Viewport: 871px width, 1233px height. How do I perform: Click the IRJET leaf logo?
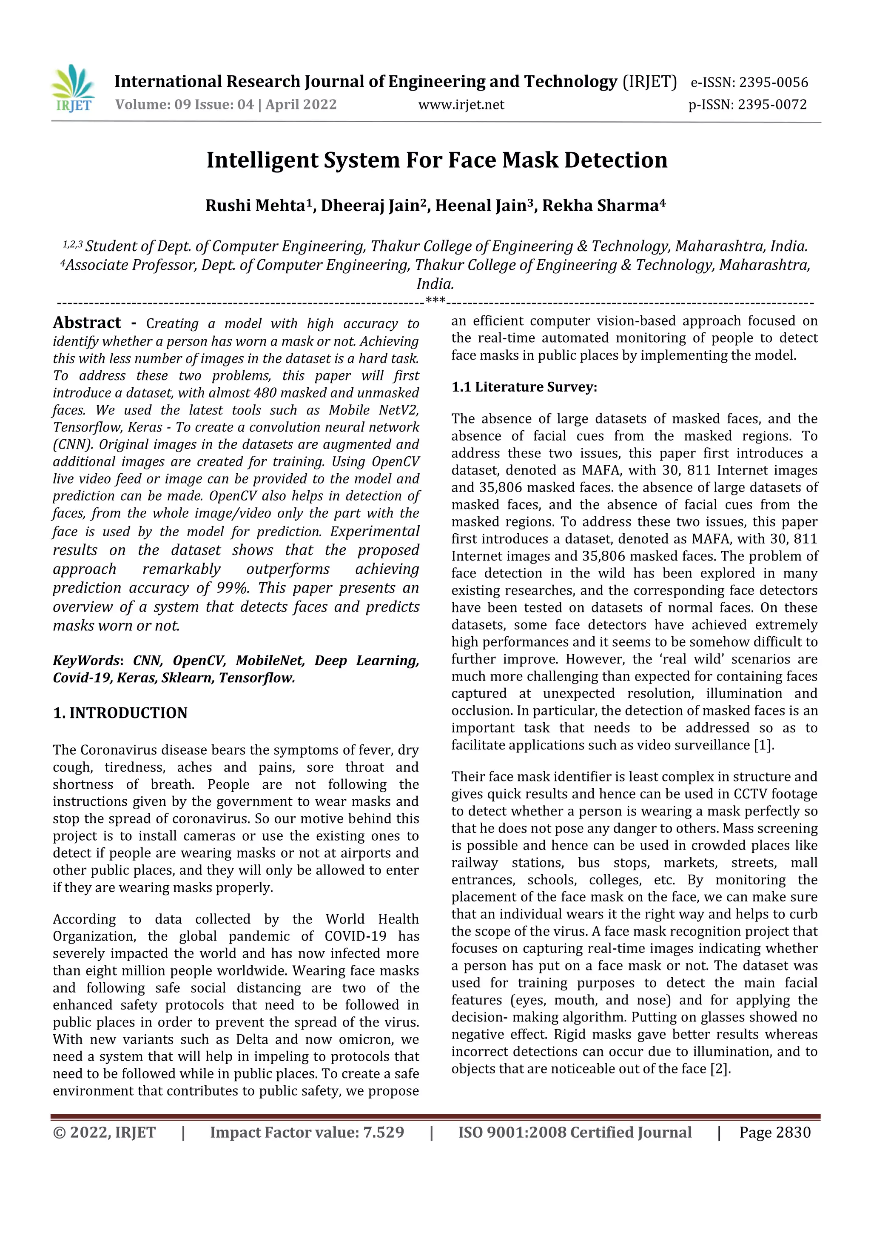click(x=73, y=88)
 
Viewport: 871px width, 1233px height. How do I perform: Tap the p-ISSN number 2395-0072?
click(x=772, y=104)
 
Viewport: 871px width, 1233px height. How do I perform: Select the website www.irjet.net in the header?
click(x=461, y=104)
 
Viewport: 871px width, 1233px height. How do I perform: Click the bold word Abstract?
click(x=87, y=323)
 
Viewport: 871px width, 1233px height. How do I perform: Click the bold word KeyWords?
click(x=86, y=661)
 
